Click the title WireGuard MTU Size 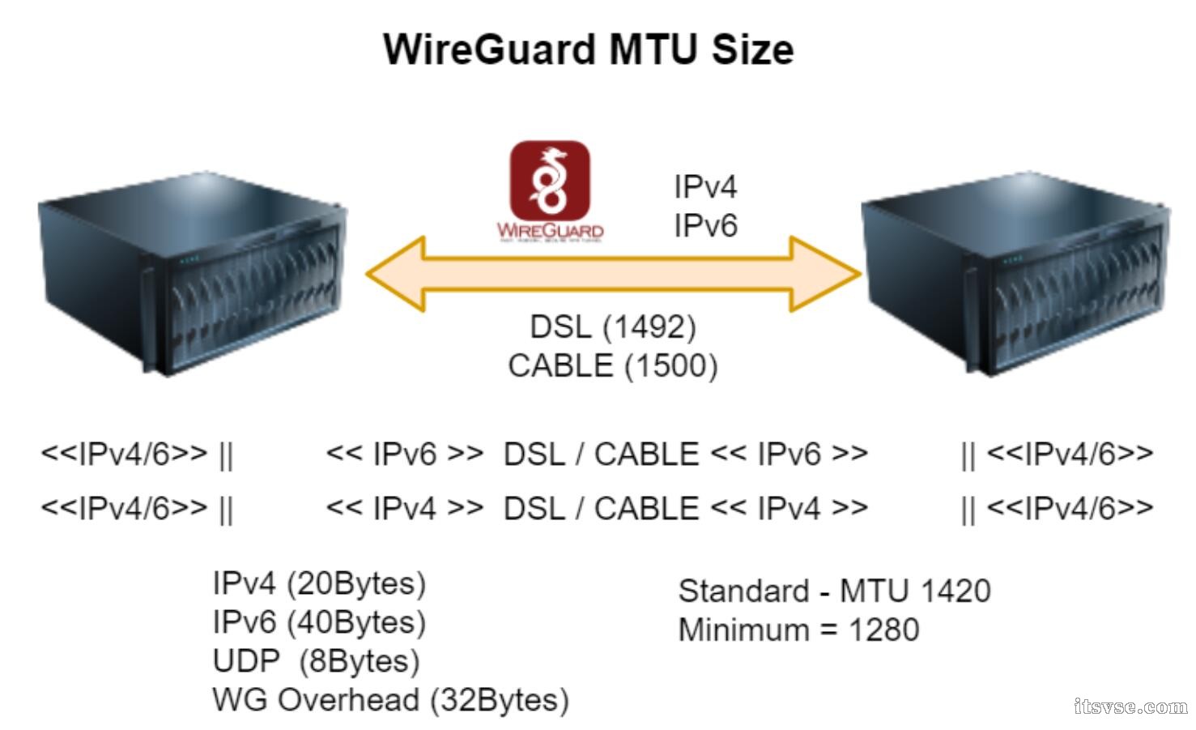coord(588,49)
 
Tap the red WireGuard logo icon coord(550,181)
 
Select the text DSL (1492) coord(612,327)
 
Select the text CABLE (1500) coord(612,366)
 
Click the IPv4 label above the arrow coord(705,187)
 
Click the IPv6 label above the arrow coord(705,225)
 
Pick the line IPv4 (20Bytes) coord(318,583)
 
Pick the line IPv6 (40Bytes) coord(318,622)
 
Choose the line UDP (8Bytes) coord(316,661)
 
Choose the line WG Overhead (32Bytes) coord(390,700)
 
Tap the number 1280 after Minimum coord(883,630)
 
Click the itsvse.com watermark coord(1130,707)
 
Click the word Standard coord(743,591)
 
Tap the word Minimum coord(743,630)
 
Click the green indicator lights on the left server coord(187,260)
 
